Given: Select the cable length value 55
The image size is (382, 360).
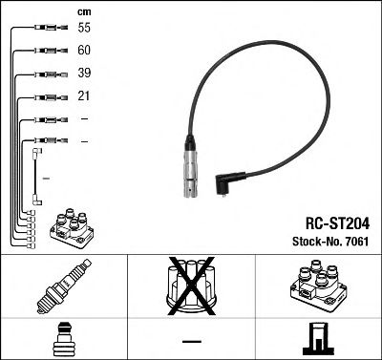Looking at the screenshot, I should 84,30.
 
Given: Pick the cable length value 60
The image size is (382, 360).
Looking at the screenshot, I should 84,52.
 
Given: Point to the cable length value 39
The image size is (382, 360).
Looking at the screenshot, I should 84,74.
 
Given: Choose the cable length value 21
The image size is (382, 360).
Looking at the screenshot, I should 84,95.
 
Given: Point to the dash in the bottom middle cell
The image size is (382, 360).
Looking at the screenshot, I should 192,340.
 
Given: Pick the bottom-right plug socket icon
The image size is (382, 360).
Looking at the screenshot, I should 318,338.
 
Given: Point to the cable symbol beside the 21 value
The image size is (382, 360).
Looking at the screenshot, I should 46,95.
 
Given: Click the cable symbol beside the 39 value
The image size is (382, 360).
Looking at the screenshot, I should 45,74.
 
